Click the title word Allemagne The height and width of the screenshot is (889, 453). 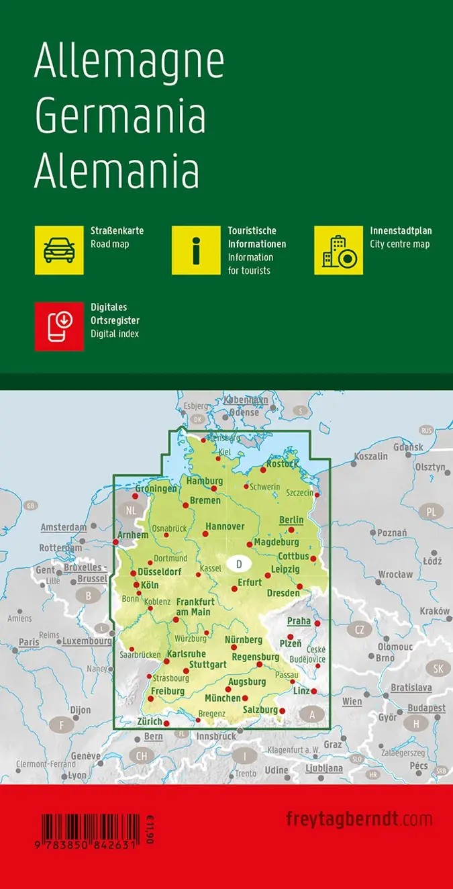[129, 63]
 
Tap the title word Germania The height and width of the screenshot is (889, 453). [120, 116]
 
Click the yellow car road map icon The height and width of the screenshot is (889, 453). [59, 250]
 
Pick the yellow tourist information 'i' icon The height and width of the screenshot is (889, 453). [196, 250]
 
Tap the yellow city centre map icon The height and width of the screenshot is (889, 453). [339, 250]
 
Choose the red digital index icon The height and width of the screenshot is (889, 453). [59, 326]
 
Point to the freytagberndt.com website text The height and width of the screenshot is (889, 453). [359, 819]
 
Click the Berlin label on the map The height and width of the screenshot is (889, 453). [291, 520]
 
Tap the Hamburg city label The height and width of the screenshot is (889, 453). [204, 481]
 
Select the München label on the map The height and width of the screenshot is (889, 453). [223, 698]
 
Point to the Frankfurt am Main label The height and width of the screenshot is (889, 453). [195, 607]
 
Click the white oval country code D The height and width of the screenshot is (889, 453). [238, 563]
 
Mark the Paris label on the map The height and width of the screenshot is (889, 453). [29, 642]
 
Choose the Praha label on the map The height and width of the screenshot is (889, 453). [299, 621]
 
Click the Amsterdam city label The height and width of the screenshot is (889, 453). [64, 527]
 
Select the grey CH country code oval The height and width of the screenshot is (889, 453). [141, 756]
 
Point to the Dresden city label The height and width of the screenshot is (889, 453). [283, 593]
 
